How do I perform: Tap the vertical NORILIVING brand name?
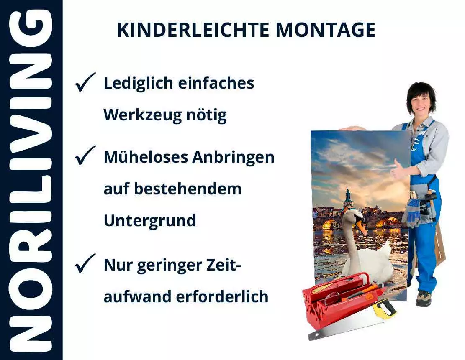click(31, 180)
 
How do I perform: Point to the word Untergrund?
click(150, 220)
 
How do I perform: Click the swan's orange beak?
click(361, 227)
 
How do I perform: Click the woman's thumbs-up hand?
click(398, 169)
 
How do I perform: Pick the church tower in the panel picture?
click(348, 199)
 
